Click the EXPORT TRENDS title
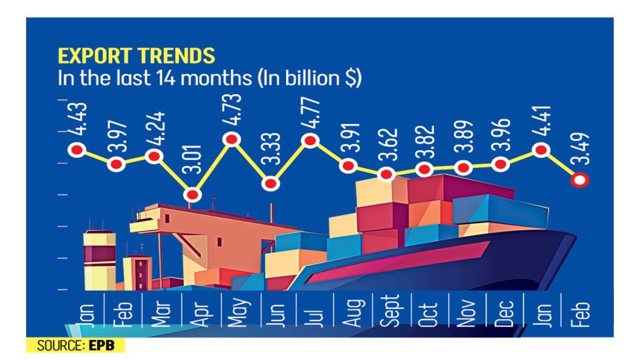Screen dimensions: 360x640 coord(137,56)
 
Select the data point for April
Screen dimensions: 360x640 coord(193,195)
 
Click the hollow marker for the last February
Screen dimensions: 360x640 coord(580,179)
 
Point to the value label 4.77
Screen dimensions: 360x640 coord(308,111)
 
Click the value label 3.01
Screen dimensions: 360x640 coord(193,166)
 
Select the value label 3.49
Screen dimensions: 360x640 coord(580,149)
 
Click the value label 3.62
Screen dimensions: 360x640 coord(386,146)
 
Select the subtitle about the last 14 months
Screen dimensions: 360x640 coord(210,78)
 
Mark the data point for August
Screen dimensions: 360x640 coord(347,165)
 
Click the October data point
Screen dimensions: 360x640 coord(425,170)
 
